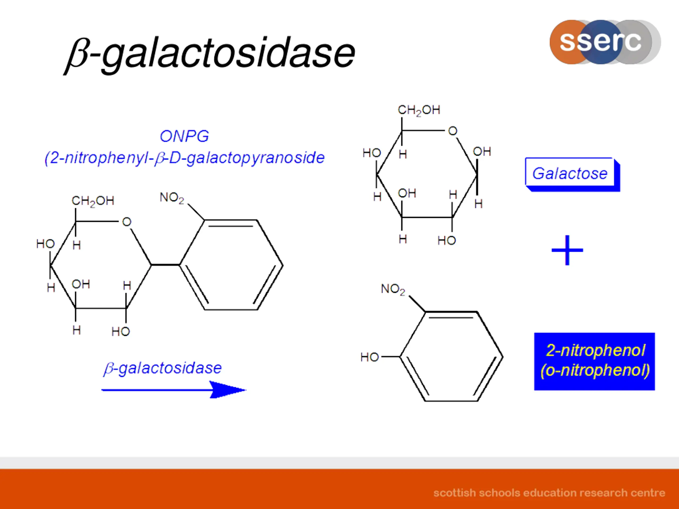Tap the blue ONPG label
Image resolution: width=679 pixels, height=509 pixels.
point(184,136)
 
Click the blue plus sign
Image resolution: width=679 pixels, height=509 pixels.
point(567,250)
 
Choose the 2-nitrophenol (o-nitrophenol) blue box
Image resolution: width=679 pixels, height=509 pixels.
point(595,361)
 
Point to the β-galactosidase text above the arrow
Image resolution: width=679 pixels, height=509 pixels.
point(163,368)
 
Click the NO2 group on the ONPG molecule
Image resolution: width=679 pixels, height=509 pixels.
point(172,198)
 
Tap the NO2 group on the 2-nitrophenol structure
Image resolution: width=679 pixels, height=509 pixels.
point(393,289)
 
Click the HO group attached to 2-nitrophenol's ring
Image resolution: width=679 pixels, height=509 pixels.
point(369,357)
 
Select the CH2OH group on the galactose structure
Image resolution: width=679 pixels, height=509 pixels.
point(419,110)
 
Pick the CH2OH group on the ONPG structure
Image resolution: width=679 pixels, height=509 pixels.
point(93,201)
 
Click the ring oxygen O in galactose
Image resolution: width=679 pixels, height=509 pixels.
point(452,131)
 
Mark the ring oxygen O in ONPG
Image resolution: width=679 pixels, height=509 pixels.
point(127,222)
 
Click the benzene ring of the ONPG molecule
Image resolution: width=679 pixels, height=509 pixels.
point(231,265)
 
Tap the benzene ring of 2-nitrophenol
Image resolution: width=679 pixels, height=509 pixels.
point(451,357)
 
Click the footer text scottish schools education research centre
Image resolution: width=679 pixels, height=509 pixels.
point(549,493)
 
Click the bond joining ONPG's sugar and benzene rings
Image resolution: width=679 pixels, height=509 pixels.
point(165,265)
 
